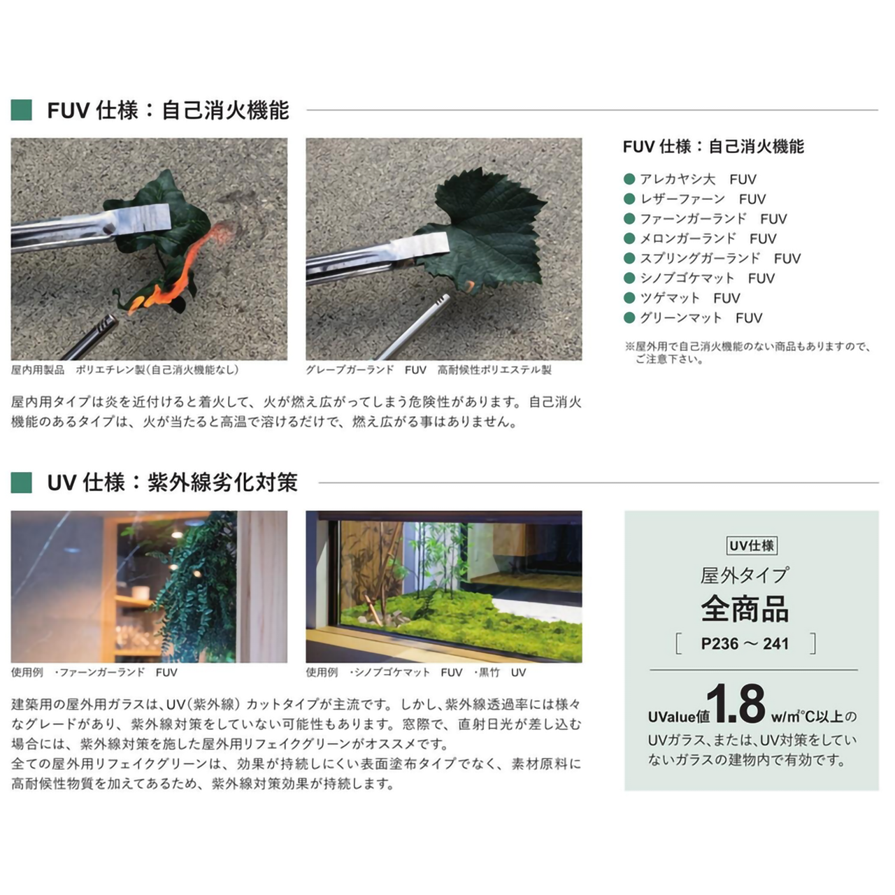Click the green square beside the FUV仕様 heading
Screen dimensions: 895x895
click(22, 110)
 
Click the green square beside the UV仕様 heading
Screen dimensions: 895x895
click(22, 482)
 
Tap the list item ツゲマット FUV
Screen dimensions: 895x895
click(689, 298)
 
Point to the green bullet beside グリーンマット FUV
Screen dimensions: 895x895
click(629, 318)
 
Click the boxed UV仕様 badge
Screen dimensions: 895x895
click(752, 546)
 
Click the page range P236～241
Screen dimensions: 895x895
click(745, 644)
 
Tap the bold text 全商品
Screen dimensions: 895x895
click(745, 609)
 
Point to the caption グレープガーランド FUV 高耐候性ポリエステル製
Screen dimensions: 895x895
click(428, 370)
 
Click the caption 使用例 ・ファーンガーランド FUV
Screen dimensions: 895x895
click(94, 673)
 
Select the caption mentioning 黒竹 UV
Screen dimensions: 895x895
click(416, 673)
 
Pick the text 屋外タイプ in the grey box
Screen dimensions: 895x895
click(745, 575)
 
